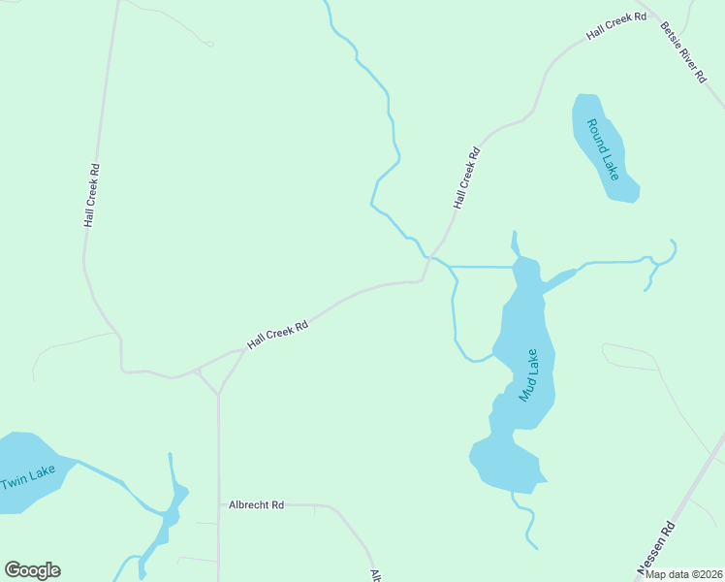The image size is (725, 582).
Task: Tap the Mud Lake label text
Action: (x=527, y=374)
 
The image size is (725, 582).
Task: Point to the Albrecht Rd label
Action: (x=256, y=505)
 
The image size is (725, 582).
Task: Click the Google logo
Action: (x=32, y=570)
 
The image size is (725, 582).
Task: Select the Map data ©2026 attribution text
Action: (x=683, y=573)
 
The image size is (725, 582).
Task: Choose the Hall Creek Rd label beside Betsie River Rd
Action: (x=615, y=27)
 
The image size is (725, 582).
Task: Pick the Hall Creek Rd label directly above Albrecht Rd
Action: (x=277, y=335)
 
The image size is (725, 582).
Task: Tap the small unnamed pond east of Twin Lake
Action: (x=171, y=514)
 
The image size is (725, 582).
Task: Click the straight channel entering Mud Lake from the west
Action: (x=482, y=266)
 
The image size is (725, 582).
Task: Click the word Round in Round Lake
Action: (x=592, y=135)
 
